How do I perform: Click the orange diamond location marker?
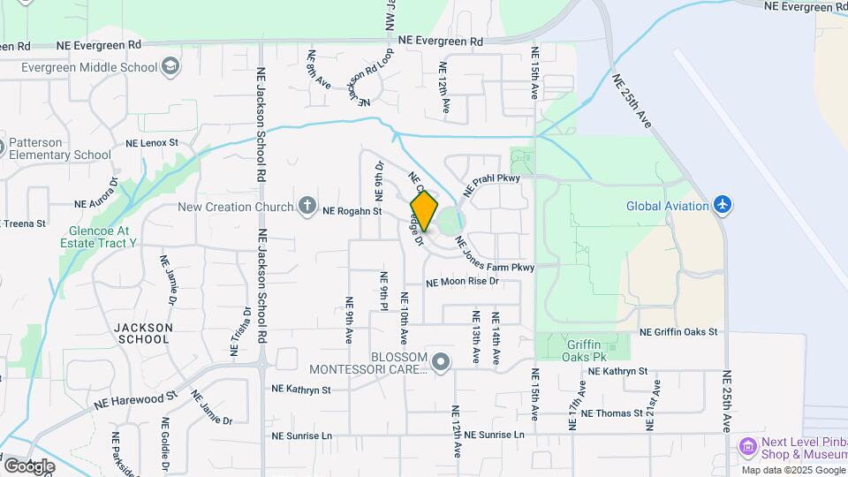[424, 211]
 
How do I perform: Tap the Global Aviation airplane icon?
[723, 205]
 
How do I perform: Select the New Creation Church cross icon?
[307, 207]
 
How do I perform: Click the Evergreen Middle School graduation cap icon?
[170, 66]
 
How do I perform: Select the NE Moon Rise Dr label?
[462, 283]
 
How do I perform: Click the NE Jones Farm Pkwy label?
[496, 255]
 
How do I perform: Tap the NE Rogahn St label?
[352, 211]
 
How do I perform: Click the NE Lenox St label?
[152, 142]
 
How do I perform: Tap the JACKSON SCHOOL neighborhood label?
[143, 333]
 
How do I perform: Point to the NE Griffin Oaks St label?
[678, 332]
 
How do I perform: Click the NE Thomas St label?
[612, 413]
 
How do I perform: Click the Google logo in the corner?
[29, 466]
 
